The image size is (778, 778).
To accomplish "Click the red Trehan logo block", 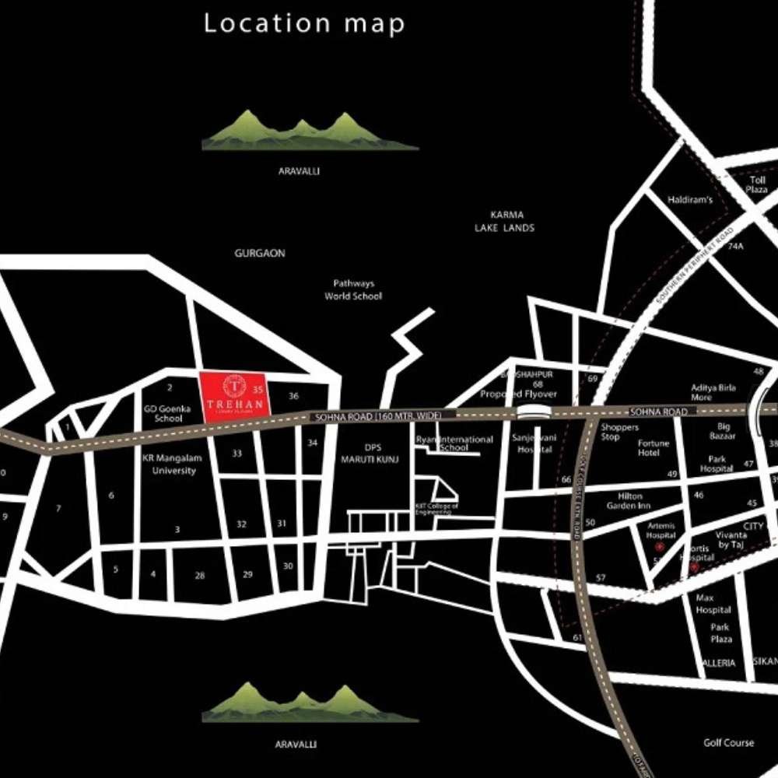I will click(x=235, y=397).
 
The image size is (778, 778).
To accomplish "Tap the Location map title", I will click(x=304, y=23).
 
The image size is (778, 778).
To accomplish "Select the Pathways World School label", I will click(x=353, y=290).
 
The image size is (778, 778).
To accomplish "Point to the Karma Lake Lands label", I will click(x=505, y=221).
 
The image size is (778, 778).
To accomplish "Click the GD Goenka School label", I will click(x=163, y=413).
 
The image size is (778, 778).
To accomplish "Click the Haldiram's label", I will click(x=690, y=200).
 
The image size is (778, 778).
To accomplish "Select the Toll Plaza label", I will click(x=758, y=184).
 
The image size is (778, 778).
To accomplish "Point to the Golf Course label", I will click(x=728, y=743).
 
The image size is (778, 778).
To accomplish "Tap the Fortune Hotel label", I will click(x=654, y=448).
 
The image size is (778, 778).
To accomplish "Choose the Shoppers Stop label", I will click(x=620, y=432).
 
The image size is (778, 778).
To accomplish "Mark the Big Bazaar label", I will click(x=724, y=431).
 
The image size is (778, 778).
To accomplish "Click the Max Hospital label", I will click(x=713, y=604).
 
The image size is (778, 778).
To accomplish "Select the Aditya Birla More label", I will click(x=713, y=392).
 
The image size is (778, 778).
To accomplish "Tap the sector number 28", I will click(x=200, y=576).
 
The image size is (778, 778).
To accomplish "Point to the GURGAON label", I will click(x=260, y=254).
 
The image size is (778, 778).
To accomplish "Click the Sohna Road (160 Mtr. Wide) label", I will click(x=377, y=418).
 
